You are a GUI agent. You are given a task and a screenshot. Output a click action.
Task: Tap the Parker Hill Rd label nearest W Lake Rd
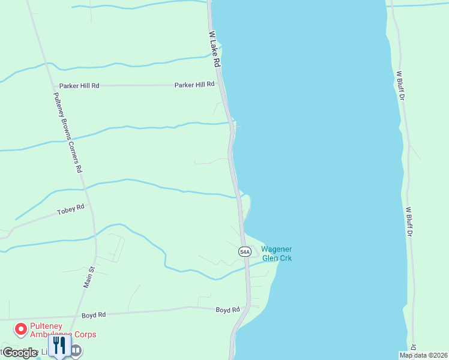(x=194, y=85)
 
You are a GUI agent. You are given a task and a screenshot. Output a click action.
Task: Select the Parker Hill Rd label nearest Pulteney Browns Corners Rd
(x=79, y=86)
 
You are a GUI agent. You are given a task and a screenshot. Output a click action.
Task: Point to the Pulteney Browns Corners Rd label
(x=67, y=133)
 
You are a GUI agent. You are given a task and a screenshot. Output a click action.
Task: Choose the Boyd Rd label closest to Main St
(x=94, y=314)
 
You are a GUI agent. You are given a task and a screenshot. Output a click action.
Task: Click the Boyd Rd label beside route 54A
(x=228, y=310)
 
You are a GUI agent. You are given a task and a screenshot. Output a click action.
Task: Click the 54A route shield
(x=244, y=252)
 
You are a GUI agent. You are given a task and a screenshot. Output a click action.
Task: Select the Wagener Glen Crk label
(x=276, y=254)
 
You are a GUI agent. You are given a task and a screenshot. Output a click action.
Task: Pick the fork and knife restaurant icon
(x=59, y=346)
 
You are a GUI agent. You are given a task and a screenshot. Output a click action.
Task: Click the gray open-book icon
(x=76, y=350)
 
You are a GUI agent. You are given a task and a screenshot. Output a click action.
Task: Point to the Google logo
(x=20, y=353)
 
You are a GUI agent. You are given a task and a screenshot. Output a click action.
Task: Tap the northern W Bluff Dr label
(x=400, y=90)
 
